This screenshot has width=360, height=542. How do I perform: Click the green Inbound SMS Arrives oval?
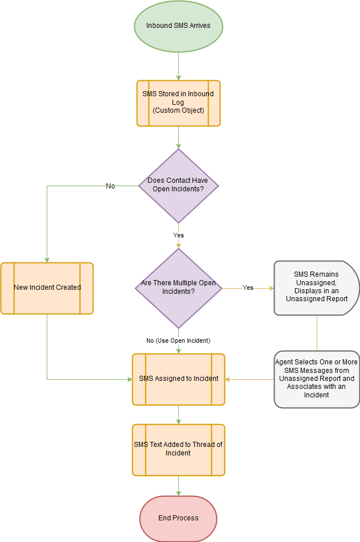tap(178, 26)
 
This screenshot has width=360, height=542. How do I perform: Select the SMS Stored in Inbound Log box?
tap(178, 103)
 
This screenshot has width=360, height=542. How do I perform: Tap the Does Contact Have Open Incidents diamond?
tap(178, 185)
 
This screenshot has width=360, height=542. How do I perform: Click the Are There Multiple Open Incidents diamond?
tap(178, 288)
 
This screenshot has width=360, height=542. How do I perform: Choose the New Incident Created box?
tap(47, 288)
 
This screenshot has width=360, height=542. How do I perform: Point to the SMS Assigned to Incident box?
tap(178, 379)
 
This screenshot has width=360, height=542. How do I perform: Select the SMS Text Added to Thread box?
tap(178, 449)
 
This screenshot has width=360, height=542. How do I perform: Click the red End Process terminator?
tap(178, 518)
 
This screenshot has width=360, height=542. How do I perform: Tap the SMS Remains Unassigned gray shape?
tap(317, 288)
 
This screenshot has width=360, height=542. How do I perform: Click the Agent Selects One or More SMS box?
tap(317, 379)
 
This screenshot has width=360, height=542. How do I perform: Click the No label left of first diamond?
tap(111, 186)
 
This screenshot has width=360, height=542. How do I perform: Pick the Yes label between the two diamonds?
tap(178, 235)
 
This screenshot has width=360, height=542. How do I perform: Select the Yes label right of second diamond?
tap(248, 288)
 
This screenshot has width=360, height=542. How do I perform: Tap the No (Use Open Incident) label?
tap(178, 340)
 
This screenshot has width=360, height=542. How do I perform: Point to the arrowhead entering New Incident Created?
tap(47, 259)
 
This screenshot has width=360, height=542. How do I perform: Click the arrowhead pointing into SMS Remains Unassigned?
tap(271, 288)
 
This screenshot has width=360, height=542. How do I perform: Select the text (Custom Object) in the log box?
tap(178, 110)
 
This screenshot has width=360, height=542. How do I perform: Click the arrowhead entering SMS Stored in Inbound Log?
tap(178, 77)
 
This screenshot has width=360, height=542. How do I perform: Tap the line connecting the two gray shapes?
tap(317, 333)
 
